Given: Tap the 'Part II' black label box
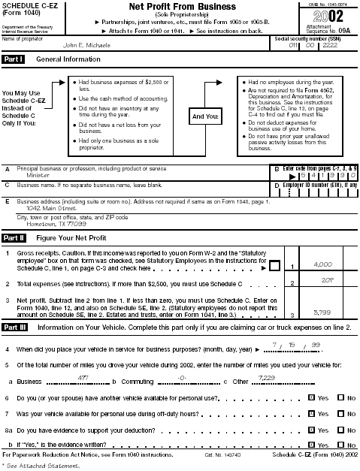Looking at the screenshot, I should [14, 237].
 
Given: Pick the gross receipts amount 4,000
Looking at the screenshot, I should [322, 264].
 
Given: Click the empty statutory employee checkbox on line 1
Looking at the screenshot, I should [276, 267].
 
